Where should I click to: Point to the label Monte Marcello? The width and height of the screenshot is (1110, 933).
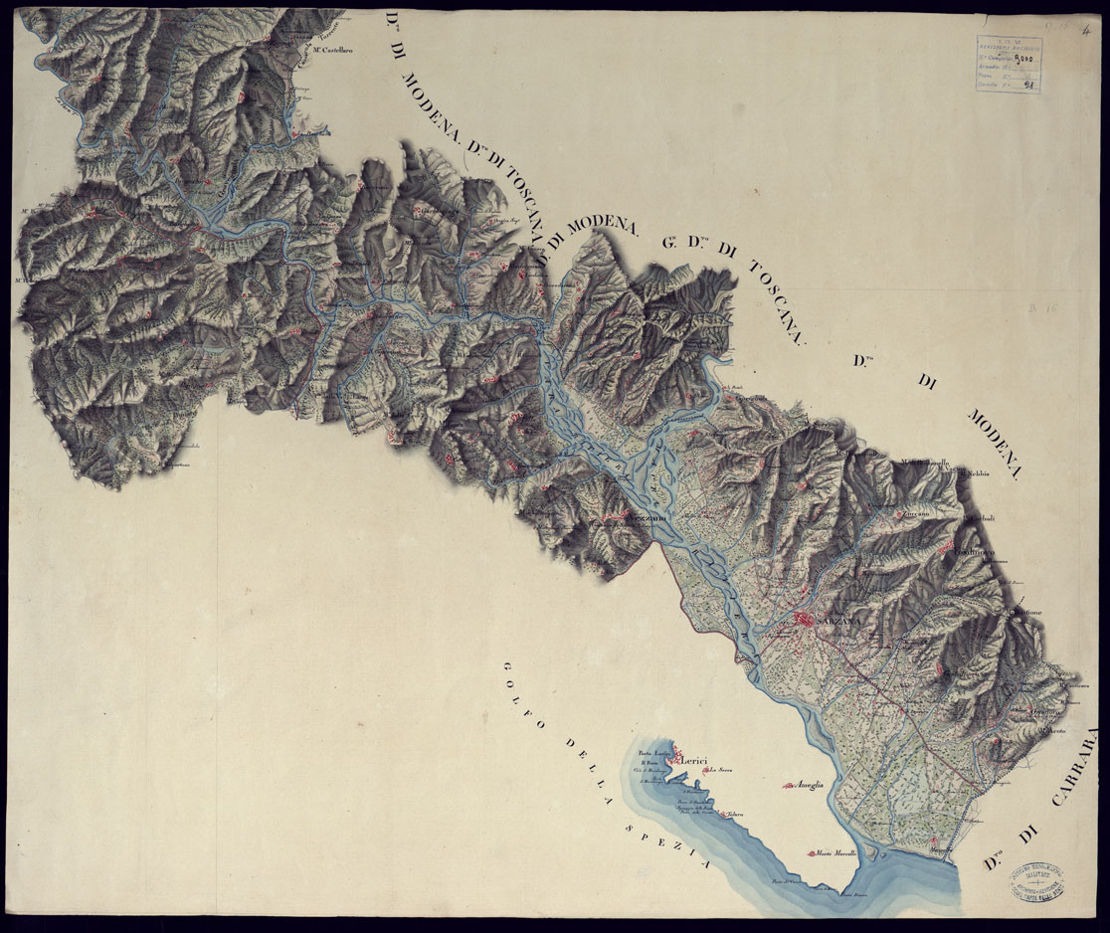(x=836, y=853)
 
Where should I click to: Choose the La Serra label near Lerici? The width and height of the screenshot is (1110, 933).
(x=720, y=768)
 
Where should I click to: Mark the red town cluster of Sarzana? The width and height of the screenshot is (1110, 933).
(x=804, y=622)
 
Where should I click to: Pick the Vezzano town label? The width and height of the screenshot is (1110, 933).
(x=643, y=517)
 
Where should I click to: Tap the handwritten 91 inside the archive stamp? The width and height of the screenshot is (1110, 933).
(x=1027, y=86)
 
